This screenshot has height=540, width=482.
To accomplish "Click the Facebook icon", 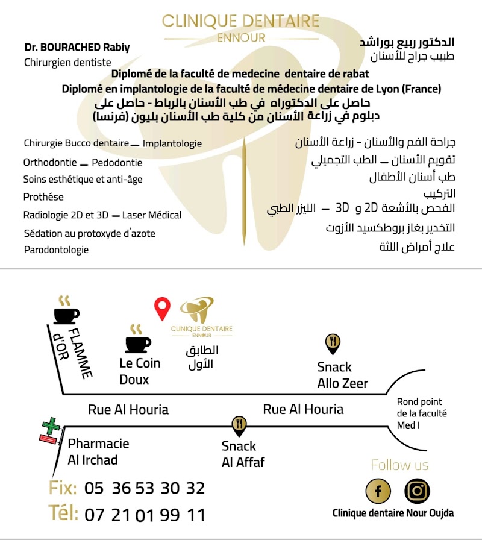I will pyautogui.click(x=378, y=491).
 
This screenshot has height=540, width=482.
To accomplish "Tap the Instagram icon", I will pyautogui.click(x=416, y=490).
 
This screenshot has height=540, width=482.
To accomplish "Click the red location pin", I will pyautogui.click(x=162, y=308).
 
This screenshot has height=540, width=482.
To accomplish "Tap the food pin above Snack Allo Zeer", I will pyautogui.click(x=333, y=344).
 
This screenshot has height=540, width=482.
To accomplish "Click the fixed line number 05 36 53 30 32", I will pyautogui.click(x=145, y=488).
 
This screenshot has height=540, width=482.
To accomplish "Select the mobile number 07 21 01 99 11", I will pyautogui.click(x=145, y=515).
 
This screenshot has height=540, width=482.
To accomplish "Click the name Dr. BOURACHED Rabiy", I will pyautogui.click(x=77, y=47).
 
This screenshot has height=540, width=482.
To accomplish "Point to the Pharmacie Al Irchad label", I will pyautogui.click(x=98, y=451).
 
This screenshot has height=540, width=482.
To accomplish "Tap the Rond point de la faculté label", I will pyautogui.click(x=421, y=413).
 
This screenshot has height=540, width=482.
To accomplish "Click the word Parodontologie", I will pyautogui.click(x=56, y=250).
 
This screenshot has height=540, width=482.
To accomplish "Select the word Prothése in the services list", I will pyautogui.click(x=43, y=196).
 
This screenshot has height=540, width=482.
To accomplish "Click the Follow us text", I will pyautogui.click(x=399, y=465).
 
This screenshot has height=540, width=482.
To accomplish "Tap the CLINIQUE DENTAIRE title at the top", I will pyautogui.click(x=240, y=22).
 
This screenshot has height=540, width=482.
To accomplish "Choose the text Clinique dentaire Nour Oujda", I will pyautogui.click(x=393, y=513).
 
